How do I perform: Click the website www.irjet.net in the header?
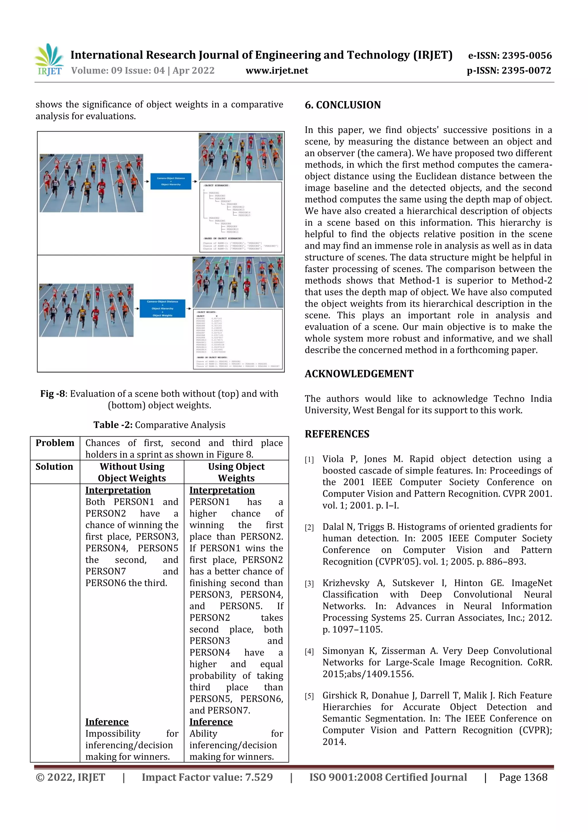click(x=277, y=71)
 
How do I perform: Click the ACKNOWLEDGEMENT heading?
click(x=359, y=374)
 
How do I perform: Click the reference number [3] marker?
click(x=309, y=584)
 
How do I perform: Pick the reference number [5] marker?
click(x=309, y=696)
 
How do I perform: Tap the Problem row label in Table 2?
click(x=55, y=443)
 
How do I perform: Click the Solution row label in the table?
click(x=54, y=466)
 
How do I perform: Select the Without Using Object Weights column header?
click(x=132, y=472)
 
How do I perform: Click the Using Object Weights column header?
click(x=236, y=472)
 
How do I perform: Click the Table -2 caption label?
click(x=113, y=425)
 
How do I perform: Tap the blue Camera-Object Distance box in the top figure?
click(x=171, y=181)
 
